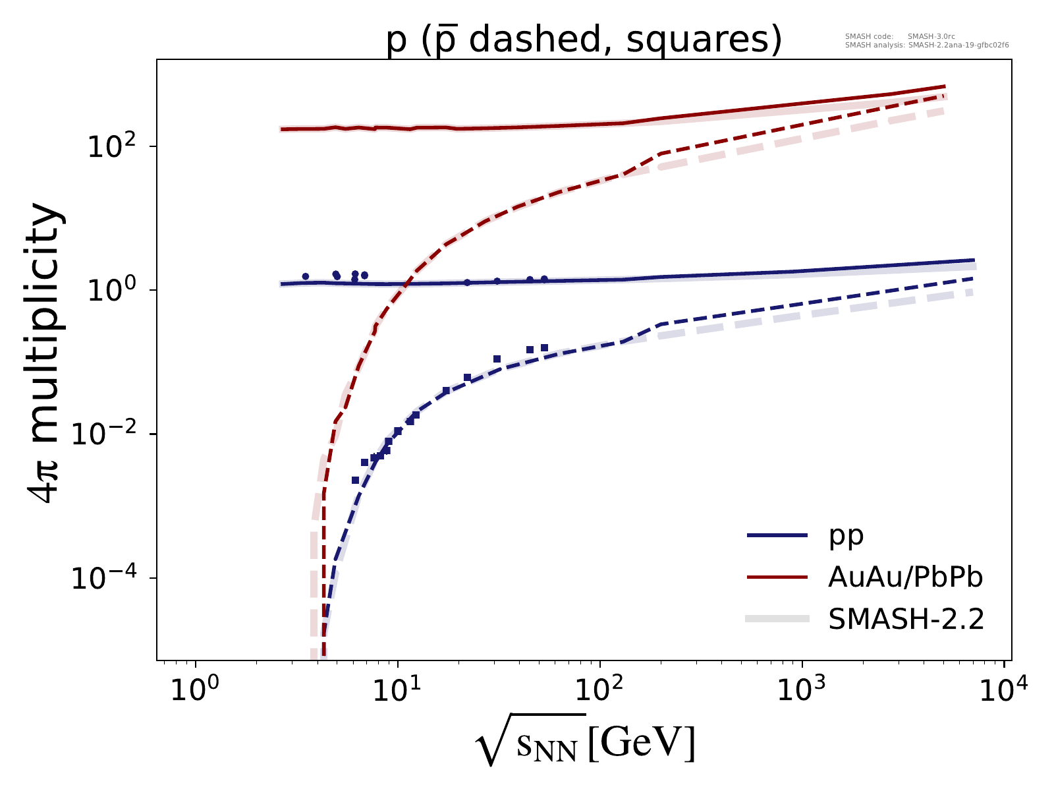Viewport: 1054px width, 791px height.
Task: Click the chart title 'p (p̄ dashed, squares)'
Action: click(x=584, y=40)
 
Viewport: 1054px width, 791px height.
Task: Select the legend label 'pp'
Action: click(x=846, y=536)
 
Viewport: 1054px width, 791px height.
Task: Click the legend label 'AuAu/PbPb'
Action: click(x=905, y=577)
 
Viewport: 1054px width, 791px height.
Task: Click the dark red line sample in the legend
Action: click(x=777, y=577)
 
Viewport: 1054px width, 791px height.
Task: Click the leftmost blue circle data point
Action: click(x=305, y=277)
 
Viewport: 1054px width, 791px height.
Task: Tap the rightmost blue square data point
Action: click(x=544, y=348)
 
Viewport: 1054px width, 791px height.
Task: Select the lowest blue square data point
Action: click(x=356, y=481)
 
